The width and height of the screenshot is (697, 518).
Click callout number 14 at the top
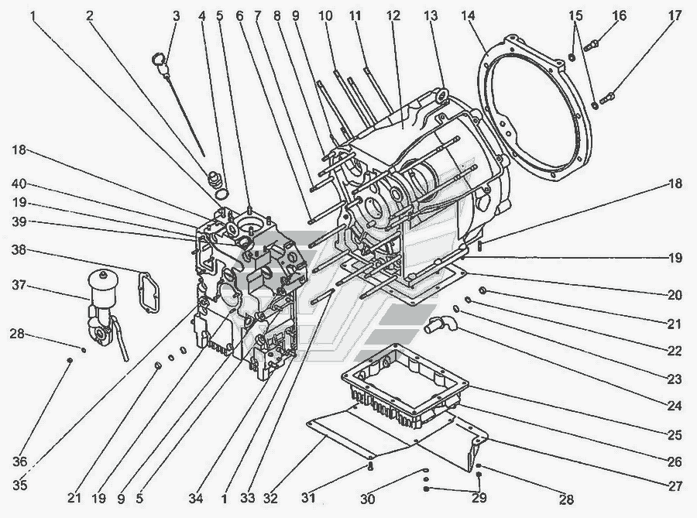(468, 16)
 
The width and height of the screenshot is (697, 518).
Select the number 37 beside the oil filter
(19, 285)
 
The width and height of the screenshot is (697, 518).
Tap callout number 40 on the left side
(19, 184)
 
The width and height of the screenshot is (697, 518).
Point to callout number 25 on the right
(675, 434)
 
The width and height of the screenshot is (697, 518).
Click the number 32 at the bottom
(270, 498)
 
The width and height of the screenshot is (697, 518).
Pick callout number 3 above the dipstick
(177, 16)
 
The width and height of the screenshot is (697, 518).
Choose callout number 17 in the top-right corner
(675, 16)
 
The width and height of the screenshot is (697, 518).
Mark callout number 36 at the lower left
(19, 461)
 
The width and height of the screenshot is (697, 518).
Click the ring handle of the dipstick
(158, 58)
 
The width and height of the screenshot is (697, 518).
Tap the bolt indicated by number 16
(591, 45)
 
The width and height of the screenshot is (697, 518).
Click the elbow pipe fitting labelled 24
(439, 324)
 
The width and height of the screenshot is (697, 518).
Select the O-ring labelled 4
(221, 194)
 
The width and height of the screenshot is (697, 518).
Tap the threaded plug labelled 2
(215, 179)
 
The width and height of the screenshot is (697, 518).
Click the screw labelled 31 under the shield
(371, 465)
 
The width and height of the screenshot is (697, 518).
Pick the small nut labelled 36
(70, 360)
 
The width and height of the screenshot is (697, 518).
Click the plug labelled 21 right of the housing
(483, 290)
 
